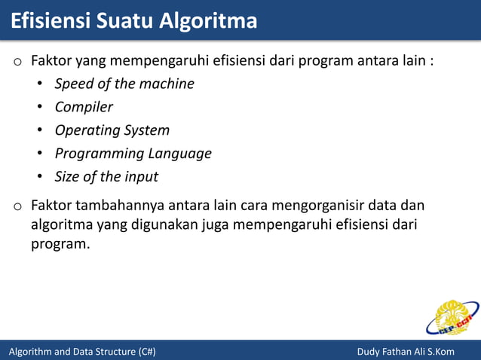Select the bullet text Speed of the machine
[124, 84]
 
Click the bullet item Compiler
[84, 107]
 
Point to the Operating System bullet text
[112, 130]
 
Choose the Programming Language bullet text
[133, 154]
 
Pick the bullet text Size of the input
[106, 177]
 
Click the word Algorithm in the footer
[31, 352]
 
